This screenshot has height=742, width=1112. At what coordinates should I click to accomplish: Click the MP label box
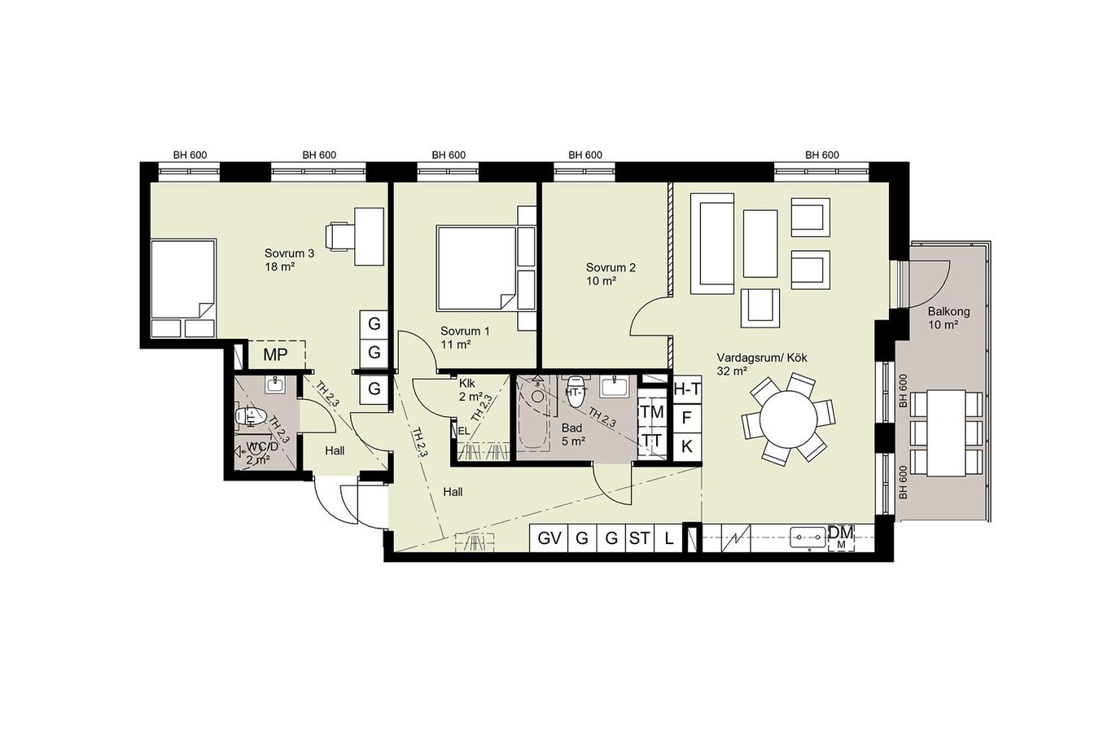pos(275,354)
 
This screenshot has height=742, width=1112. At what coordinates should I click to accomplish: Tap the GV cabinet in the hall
pos(549,538)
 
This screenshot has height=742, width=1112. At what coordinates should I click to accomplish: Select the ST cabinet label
pos(639,538)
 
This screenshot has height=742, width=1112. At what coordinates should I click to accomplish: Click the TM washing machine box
pos(652,412)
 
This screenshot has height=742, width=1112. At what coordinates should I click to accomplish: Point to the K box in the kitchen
pos(687,446)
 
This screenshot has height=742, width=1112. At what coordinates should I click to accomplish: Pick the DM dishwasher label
pos(842,537)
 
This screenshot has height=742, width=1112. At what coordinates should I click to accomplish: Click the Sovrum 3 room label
pos(290,260)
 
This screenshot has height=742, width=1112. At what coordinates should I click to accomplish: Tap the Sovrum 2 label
pos(611,274)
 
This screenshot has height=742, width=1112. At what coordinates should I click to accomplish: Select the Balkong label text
pos(948,318)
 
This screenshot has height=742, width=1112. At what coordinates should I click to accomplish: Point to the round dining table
pos(788,419)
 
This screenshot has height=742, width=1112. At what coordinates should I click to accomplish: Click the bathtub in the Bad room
pos(534,413)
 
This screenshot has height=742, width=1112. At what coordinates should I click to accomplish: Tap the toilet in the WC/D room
pos(252,416)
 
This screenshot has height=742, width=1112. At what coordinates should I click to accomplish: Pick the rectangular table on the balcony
pos(946,433)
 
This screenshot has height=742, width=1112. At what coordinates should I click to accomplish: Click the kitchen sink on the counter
pos(808,538)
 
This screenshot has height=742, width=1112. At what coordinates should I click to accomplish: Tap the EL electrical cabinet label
pos(463,431)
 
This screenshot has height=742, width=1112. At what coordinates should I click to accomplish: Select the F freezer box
pos(687,418)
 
